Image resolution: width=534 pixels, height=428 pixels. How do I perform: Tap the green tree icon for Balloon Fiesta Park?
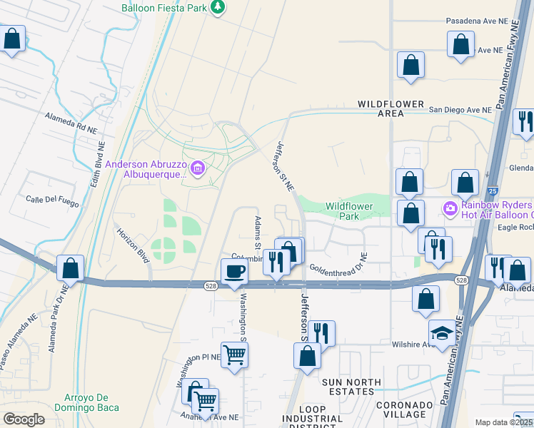click(218, 8)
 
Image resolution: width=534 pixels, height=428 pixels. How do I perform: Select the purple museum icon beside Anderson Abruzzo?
click(198, 169)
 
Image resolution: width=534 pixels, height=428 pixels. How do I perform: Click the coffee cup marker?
click(234, 272)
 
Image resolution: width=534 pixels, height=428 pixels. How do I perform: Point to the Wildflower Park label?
click(350, 210)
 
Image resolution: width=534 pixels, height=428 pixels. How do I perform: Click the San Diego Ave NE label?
click(460, 110)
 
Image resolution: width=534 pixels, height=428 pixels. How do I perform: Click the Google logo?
click(23, 419)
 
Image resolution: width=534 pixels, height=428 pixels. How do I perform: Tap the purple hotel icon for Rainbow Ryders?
click(450, 209)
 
